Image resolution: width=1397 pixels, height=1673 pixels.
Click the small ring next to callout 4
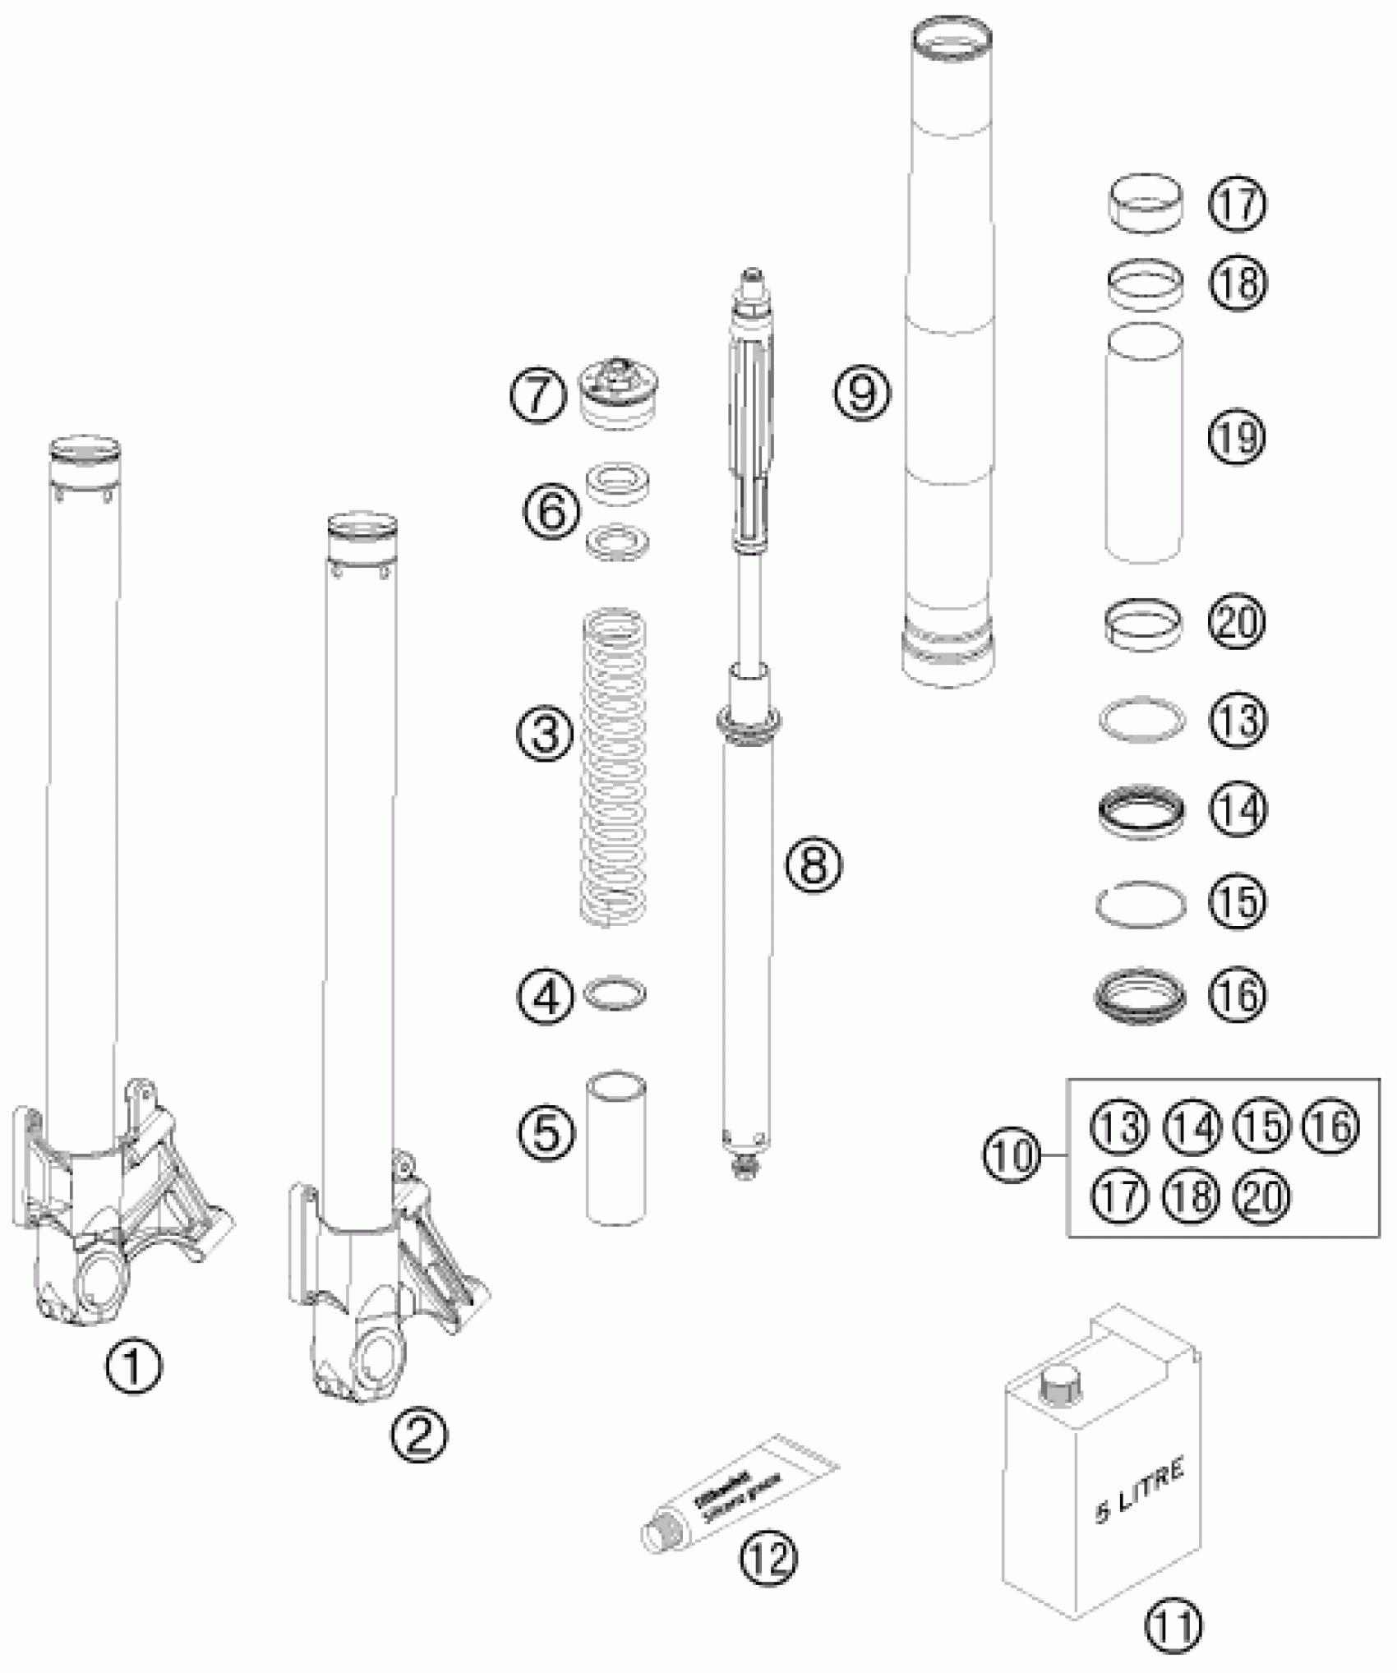(x=615, y=994)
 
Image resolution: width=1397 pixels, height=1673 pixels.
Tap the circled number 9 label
(x=863, y=392)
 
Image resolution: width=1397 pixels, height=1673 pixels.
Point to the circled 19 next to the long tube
(x=1238, y=438)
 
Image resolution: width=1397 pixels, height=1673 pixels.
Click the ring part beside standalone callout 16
(x=1141, y=995)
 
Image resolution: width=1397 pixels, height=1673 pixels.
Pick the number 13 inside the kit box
(x=1121, y=1126)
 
